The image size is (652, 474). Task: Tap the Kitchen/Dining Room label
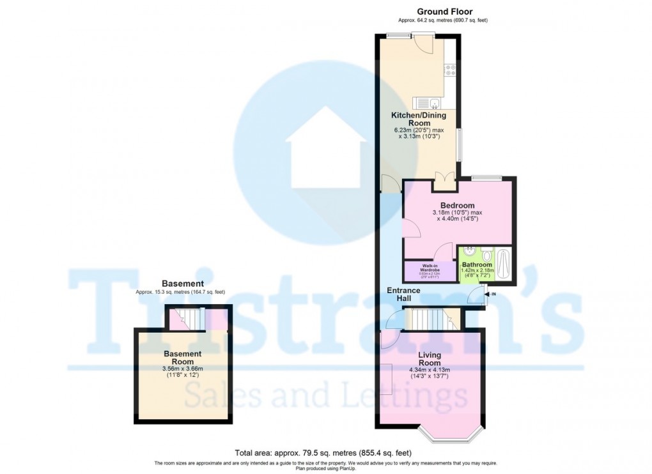420,119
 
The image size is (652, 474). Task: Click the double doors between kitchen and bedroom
444,180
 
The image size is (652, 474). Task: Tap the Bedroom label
457,205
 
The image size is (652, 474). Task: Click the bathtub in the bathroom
504,264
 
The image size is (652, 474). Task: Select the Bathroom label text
477,264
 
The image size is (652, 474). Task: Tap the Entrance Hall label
403,294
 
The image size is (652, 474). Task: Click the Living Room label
430,358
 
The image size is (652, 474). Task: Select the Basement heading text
183,284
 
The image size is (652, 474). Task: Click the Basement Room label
183,358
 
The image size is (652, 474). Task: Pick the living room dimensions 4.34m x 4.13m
430,370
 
